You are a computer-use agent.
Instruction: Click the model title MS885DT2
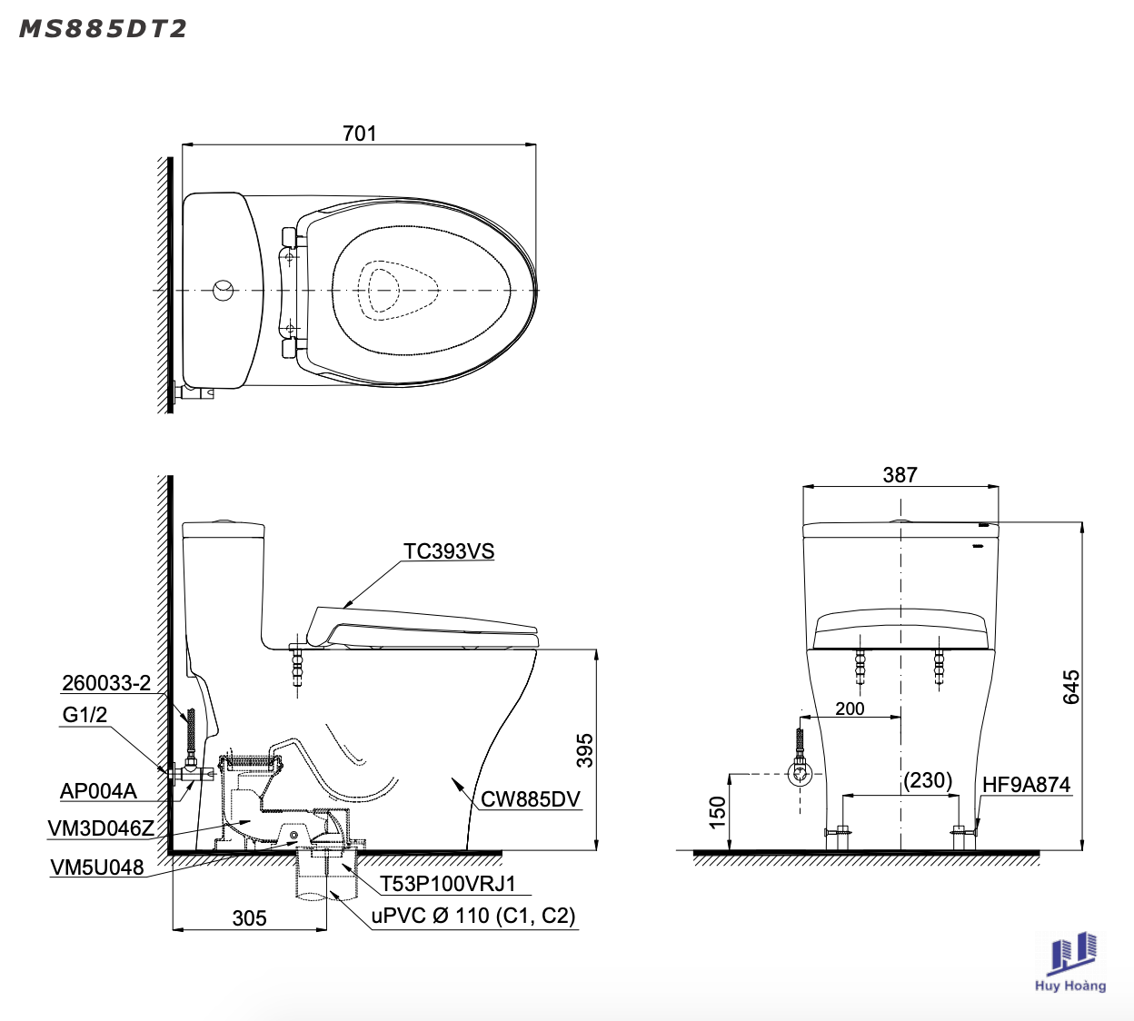(x=103, y=29)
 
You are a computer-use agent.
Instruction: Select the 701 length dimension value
(x=359, y=134)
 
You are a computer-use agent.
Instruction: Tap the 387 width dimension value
(x=900, y=475)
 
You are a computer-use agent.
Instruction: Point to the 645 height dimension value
(x=1071, y=687)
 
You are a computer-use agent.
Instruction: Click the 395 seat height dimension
(x=585, y=750)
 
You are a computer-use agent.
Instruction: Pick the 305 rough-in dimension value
(x=249, y=918)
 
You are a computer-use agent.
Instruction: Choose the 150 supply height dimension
(x=717, y=812)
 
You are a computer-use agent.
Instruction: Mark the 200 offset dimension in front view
(x=850, y=709)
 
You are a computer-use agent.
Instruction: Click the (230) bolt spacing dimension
(x=928, y=780)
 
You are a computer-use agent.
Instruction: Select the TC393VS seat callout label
(x=449, y=550)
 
